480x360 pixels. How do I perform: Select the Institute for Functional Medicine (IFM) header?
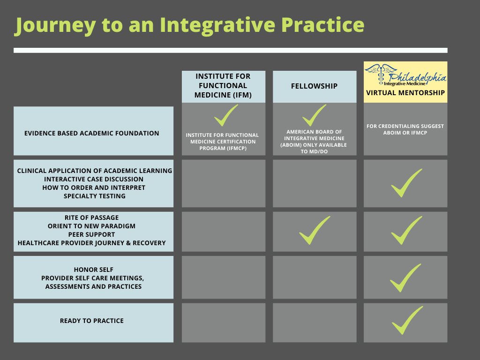(x=223, y=86)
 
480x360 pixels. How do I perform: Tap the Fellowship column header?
(x=314, y=86)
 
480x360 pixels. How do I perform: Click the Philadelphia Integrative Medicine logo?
(x=405, y=75)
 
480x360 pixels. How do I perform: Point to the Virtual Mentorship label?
(x=405, y=93)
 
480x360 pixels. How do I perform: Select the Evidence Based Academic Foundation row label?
(x=92, y=133)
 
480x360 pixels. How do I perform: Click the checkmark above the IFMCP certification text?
(x=225, y=115)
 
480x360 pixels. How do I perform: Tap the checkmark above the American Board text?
(x=314, y=115)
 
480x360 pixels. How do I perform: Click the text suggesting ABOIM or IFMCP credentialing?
(x=405, y=129)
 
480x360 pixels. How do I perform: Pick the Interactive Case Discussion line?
(x=94, y=179)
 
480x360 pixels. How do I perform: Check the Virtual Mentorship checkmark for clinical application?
(x=406, y=183)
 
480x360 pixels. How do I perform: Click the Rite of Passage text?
(x=92, y=217)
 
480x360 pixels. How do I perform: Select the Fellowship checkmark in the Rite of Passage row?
(x=314, y=230)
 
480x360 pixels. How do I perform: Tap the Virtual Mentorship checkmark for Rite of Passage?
(x=406, y=230)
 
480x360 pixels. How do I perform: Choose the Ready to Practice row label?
(x=92, y=321)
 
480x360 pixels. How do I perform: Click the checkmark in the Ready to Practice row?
(x=406, y=320)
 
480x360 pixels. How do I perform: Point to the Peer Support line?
(x=92, y=234)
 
